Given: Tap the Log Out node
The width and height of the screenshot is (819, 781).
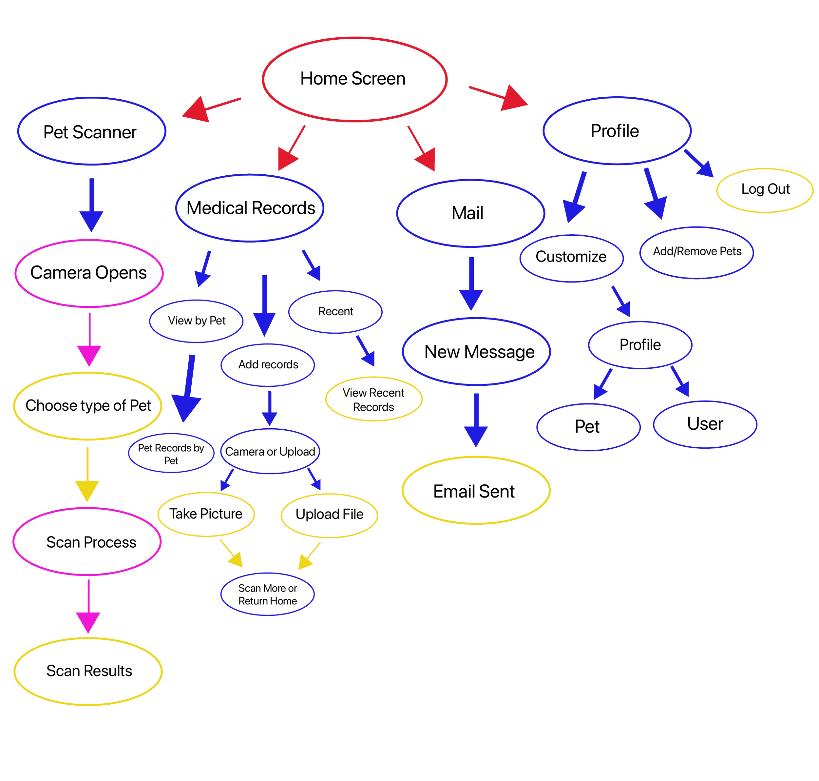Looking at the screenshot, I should click(x=765, y=189).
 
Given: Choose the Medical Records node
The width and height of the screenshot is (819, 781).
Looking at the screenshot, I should click(x=250, y=208).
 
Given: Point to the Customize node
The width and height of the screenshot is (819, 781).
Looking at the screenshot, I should click(x=571, y=257).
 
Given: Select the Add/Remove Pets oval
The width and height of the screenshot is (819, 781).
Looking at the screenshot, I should click(x=697, y=252).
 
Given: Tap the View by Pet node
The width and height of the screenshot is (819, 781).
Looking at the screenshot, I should click(x=197, y=321).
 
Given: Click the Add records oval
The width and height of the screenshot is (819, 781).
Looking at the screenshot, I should click(x=268, y=365).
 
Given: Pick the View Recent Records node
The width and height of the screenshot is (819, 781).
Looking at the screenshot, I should click(x=373, y=400).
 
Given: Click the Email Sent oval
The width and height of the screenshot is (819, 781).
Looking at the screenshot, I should click(x=475, y=491).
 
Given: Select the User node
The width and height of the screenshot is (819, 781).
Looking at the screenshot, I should click(x=705, y=424).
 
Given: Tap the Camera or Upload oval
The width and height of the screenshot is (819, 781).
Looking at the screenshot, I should click(x=270, y=452).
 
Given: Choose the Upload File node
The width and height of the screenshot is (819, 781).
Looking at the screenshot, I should click(x=329, y=515).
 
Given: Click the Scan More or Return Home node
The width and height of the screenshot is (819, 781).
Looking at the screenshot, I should click(x=268, y=595).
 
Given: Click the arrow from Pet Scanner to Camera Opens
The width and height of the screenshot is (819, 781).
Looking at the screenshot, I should click(x=91, y=204).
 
